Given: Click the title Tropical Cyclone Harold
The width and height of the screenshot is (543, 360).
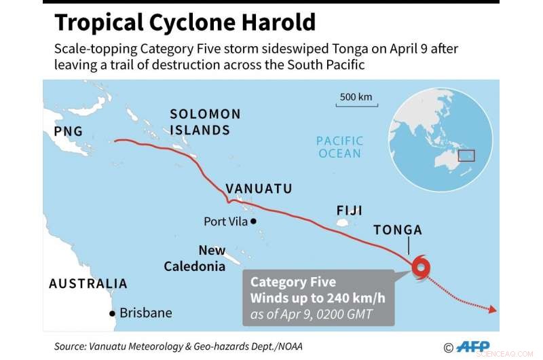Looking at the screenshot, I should pos(185,23).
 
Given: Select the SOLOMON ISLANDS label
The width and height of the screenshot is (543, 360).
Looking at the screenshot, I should pos(204,122).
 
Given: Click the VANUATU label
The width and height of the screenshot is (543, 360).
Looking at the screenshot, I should pos(259,188).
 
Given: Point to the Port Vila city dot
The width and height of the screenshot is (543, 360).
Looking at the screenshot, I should pos(253,221).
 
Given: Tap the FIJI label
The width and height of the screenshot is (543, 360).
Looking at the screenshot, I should pos(349,211).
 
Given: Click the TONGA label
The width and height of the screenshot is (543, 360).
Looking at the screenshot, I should pos(398,230).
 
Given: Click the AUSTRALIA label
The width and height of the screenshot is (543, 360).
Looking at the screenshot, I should pos(88,283).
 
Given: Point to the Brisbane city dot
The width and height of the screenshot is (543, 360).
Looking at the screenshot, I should pos(111,313).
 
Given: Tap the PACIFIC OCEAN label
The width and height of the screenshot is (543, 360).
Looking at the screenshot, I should pos(340,147).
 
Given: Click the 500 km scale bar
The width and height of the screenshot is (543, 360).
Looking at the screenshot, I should pos(356,105).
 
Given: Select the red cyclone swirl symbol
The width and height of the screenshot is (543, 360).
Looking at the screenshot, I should pos(419,267).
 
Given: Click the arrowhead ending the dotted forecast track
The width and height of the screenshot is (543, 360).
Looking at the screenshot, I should pos(492,310).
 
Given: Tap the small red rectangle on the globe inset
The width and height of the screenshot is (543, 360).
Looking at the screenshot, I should pos(466,156).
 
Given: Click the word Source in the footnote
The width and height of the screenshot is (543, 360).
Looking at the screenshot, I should pos(70,346).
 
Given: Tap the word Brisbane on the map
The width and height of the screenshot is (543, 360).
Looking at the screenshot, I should pos(145,313).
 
